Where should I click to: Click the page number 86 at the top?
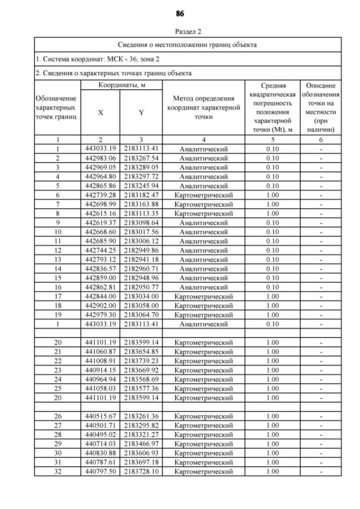(x=180, y=13)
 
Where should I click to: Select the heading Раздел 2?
(x=180, y=32)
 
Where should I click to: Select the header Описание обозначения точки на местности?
(x=321, y=107)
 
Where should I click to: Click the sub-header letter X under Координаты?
(x=101, y=112)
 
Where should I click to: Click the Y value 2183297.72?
(x=142, y=175)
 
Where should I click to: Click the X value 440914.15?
(x=101, y=370)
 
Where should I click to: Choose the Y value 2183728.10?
(x=142, y=470)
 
